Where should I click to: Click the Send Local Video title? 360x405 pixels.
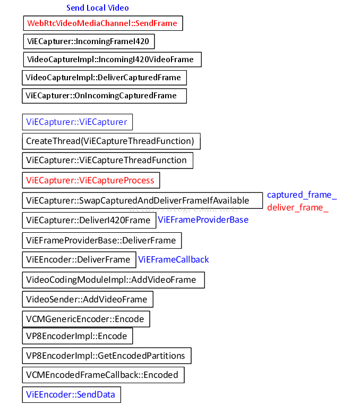click(97, 8)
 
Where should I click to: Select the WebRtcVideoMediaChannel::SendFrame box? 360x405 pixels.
click(103, 23)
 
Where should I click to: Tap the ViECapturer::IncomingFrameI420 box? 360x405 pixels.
click(89, 41)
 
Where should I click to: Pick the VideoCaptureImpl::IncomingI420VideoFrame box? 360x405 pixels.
click(112, 59)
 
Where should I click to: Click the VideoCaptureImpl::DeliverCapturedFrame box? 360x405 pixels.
click(104, 78)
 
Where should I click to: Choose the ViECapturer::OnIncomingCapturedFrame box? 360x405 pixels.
click(105, 96)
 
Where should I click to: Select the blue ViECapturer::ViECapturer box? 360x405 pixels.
click(77, 122)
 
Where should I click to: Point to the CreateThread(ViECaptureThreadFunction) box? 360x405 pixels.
click(111, 141)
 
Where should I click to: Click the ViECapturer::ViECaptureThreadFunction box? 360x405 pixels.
click(107, 160)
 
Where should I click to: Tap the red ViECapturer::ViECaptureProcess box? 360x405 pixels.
click(91, 180)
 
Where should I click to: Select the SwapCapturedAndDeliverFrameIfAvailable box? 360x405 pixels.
click(142, 200)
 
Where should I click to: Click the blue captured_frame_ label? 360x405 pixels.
click(302, 195)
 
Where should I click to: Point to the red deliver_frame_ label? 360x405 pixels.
click(297, 207)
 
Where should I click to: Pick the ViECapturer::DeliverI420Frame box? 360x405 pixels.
click(89, 220)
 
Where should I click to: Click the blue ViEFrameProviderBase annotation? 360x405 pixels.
click(203, 220)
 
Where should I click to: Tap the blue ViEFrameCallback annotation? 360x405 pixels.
click(174, 259)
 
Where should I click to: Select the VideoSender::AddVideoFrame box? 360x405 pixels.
click(88, 299)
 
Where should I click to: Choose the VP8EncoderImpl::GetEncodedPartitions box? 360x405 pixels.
click(106, 355)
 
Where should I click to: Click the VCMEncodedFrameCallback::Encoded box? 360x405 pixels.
click(103, 375)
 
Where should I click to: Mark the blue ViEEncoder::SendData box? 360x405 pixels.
click(71, 394)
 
